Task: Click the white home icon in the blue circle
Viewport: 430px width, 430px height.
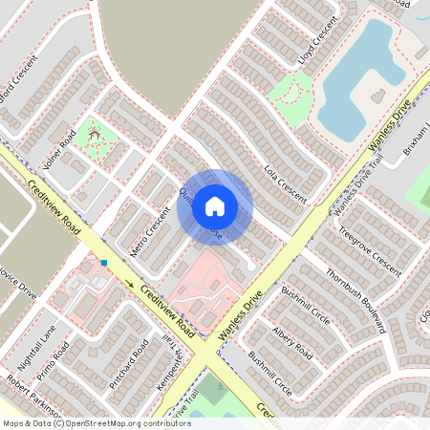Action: (x=215, y=205)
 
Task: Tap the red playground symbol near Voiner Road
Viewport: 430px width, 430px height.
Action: (x=94, y=137)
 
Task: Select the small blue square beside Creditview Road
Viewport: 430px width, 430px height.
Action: (x=103, y=262)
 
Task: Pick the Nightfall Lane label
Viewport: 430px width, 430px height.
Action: (x=35, y=348)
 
